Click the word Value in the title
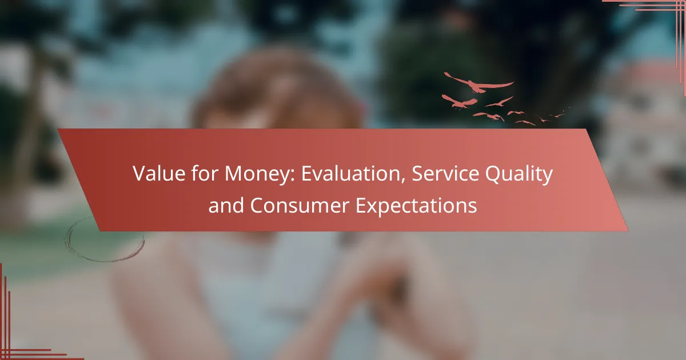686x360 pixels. (x=159, y=173)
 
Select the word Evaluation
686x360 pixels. (x=351, y=173)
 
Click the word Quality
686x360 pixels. (x=519, y=174)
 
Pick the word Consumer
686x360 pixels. (x=300, y=205)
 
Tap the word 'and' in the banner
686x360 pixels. (x=226, y=205)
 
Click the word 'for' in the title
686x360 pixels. (x=205, y=173)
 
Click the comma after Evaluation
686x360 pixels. (x=404, y=180)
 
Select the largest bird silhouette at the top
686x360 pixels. (x=479, y=83)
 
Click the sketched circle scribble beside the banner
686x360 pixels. (x=105, y=239)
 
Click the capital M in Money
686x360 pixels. (x=234, y=174)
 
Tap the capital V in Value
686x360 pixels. (x=140, y=174)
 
